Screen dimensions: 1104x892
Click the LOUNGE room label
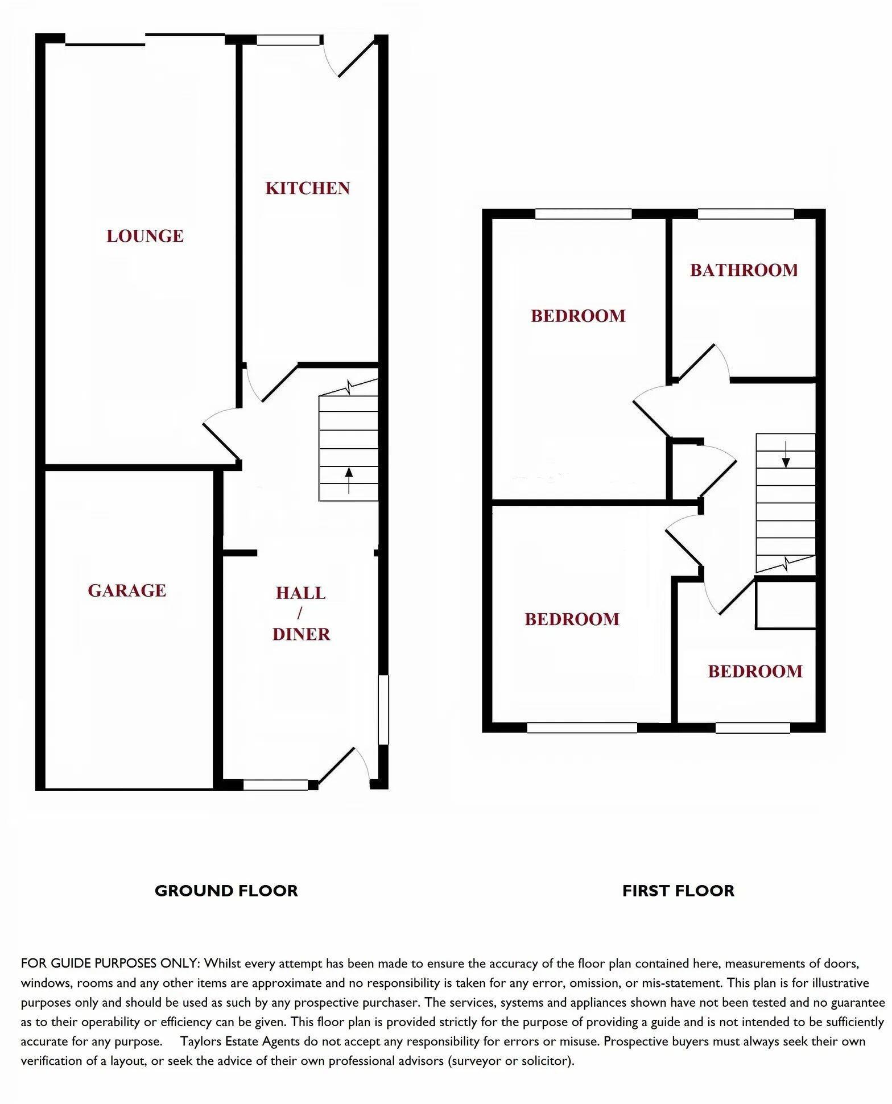pyautogui.click(x=145, y=236)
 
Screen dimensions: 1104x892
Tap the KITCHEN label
pyautogui.click(x=307, y=188)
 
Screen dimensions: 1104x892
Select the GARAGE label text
pyautogui.click(x=127, y=590)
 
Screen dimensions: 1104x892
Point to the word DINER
pyautogui.click(x=301, y=634)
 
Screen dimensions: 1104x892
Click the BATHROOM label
pyautogui.click(x=744, y=270)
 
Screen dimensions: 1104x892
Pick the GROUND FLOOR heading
pyautogui.click(x=226, y=891)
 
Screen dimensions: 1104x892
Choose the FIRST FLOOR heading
pyautogui.click(x=678, y=891)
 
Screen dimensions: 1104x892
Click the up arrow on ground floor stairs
pyautogui.click(x=349, y=473)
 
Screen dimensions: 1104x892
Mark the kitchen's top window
pyautogui.click(x=288, y=40)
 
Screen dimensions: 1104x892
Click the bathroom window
pyautogui.click(x=746, y=214)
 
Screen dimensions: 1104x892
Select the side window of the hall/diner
pyautogui.click(x=384, y=709)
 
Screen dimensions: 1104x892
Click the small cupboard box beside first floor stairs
pyautogui.click(x=786, y=605)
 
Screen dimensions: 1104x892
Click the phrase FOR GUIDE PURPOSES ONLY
pyautogui.click(x=110, y=964)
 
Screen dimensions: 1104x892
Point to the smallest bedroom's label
pyautogui.click(x=755, y=671)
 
